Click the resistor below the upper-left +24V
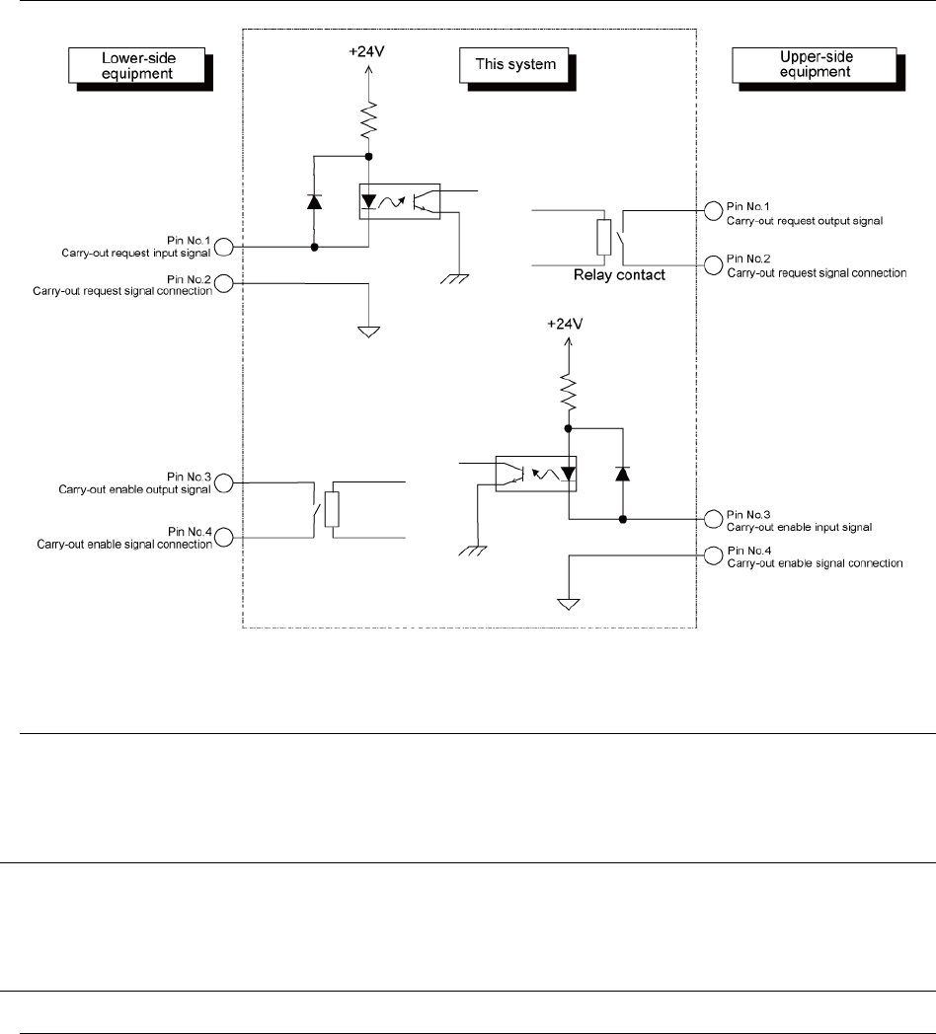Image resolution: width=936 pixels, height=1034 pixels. pos(368,122)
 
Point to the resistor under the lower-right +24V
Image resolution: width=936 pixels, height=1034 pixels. pos(568,396)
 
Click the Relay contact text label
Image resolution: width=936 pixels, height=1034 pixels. pos(619,275)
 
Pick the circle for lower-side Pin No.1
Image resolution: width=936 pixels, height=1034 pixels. pos(224,247)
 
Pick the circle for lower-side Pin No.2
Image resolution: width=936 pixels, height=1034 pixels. pos(224,284)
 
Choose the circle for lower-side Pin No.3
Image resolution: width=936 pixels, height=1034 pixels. pos(224,482)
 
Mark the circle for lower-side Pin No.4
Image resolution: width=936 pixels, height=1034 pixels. pos(224,537)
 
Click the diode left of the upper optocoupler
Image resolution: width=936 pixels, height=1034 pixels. pos(314,201)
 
